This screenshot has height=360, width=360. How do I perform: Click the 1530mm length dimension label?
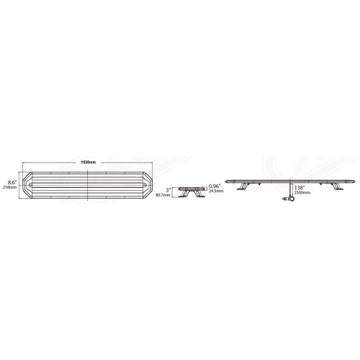(89, 160)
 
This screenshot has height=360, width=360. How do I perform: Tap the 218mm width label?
(10, 187)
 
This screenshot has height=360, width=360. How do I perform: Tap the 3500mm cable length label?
(302, 193)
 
